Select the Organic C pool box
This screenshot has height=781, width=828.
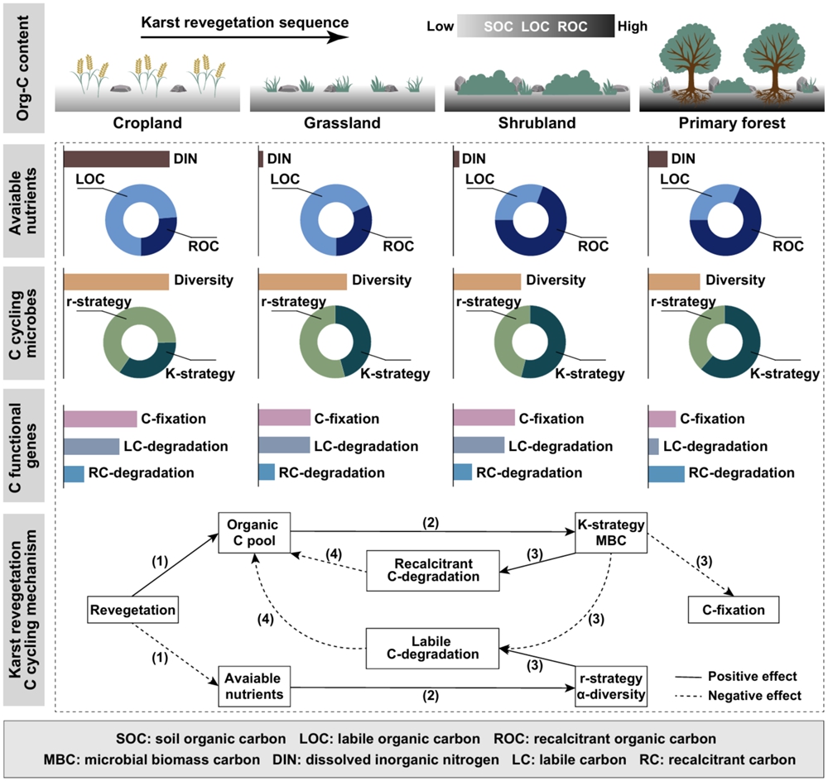[255, 535]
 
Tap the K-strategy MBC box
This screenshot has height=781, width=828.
[609, 535]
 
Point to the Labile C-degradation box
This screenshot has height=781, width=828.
[434, 646]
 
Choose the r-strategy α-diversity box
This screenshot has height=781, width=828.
[609, 687]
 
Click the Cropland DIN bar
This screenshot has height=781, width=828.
[116, 159]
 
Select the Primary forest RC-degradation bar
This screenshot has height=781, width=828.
[666, 472]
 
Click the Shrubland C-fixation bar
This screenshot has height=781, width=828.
[484, 419]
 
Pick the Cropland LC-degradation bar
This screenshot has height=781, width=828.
[91, 447]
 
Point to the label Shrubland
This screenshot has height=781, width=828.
[530, 123]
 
